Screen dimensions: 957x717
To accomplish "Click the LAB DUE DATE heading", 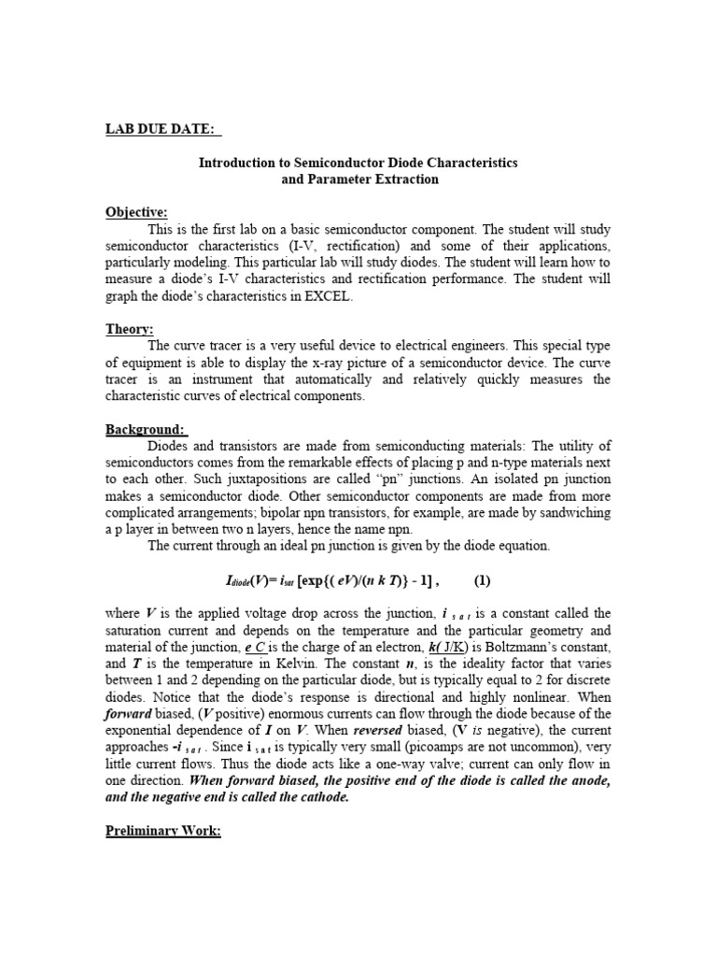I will click(x=163, y=128).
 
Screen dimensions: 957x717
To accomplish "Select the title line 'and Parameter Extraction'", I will click(x=359, y=179).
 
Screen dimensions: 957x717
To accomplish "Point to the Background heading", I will click(x=146, y=428).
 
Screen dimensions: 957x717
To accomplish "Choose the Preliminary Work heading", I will click(x=162, y=831).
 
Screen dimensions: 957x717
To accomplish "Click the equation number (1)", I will click(x=482, y=579).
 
